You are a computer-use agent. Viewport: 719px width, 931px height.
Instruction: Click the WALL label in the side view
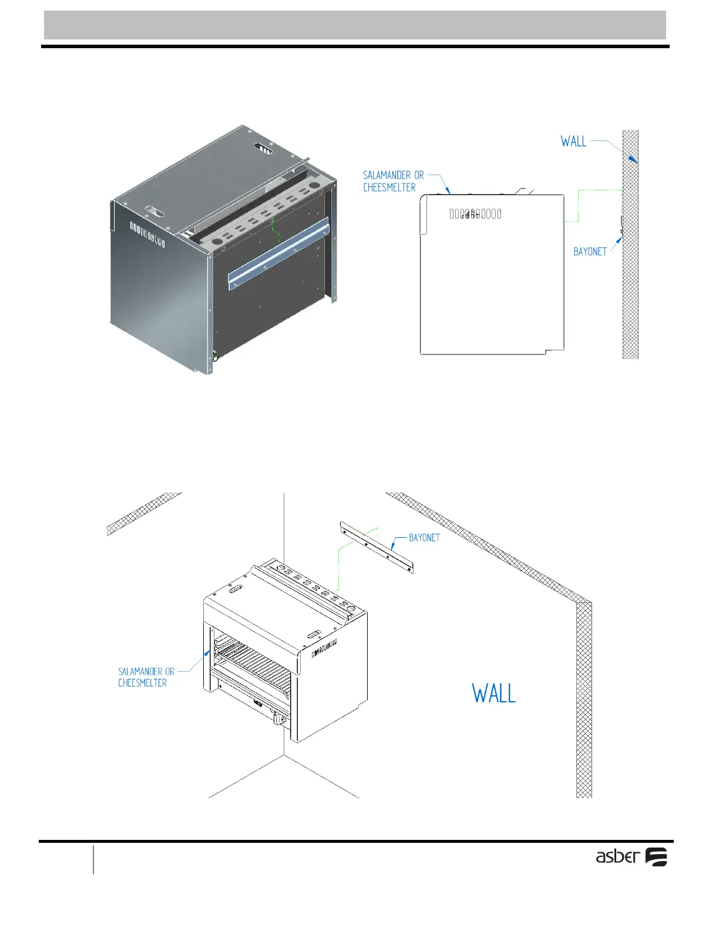coord(573,142)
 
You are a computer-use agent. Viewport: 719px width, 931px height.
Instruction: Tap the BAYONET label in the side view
coord(590,252)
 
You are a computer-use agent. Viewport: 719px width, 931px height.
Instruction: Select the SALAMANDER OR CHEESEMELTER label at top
coord(393,181)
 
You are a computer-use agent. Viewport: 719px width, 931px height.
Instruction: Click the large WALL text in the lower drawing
coord(493,694)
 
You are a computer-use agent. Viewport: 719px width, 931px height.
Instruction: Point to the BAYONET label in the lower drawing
coord(424,538)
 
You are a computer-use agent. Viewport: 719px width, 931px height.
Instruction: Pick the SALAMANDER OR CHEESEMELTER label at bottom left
coord(146,677)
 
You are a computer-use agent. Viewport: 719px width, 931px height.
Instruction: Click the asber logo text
coord(617,856)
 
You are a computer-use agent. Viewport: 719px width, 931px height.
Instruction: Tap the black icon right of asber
coord(656,857)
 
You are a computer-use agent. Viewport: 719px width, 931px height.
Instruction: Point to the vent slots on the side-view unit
coord(475,214)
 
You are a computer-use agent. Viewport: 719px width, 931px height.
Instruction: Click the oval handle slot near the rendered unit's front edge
coord(156,210)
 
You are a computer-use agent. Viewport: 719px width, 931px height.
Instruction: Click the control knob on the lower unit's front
coord(278,718)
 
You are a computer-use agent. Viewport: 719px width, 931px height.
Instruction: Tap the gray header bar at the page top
coord(355,25)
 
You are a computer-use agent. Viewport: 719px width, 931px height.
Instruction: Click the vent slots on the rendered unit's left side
coord(147,234)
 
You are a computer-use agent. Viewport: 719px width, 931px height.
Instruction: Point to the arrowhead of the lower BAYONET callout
coord(392,547)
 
